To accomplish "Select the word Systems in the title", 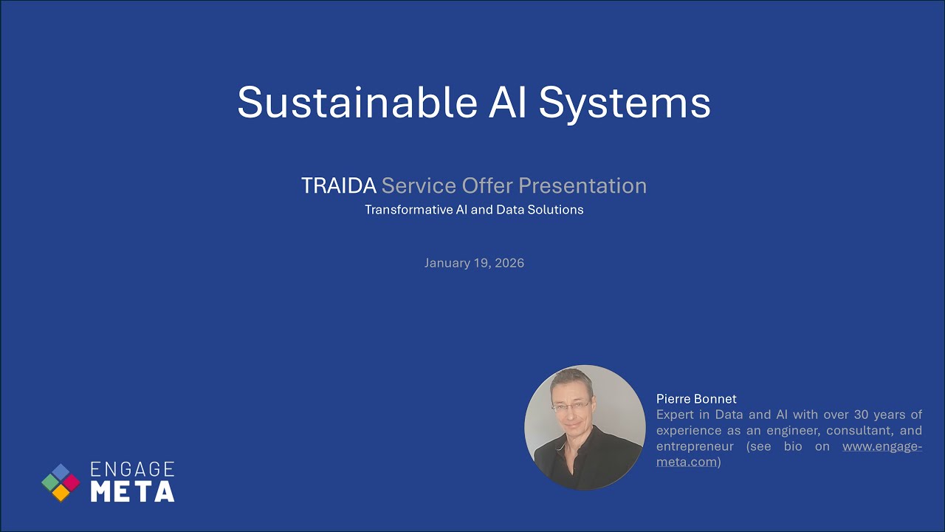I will pos(624,102).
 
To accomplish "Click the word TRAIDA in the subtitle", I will pos(338,185).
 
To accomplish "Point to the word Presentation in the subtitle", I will pos(582,185).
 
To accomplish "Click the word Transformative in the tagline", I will pos(408,210).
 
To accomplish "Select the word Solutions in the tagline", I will pos(553,210).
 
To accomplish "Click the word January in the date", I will pos(446,263).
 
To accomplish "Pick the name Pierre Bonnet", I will pos(696,399).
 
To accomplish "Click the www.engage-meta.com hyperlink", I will pos(882,446).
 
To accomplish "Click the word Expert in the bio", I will pos(675,415).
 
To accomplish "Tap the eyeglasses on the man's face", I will pos(571,405).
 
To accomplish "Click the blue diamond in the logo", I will pos(61,472).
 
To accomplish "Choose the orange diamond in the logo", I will pos(61,493).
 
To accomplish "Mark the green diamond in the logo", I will pos(50,482).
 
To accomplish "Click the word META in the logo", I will pos(132,491).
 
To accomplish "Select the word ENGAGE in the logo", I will pos(132,469).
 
